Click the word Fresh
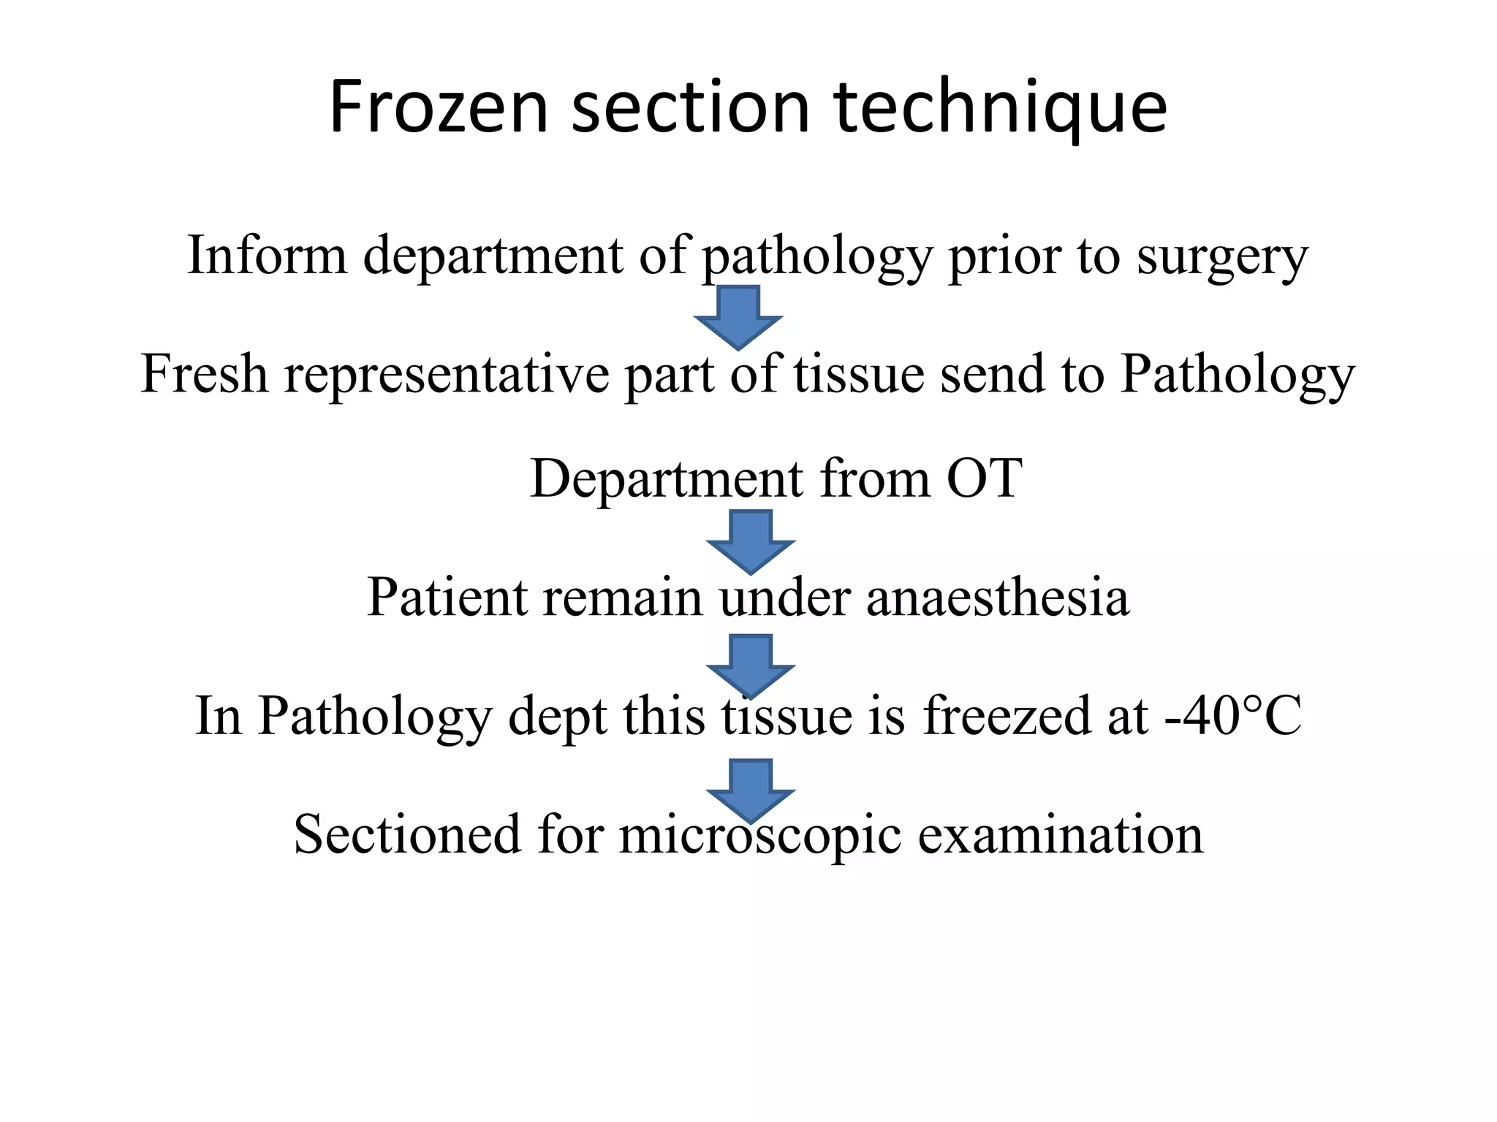[204, 373]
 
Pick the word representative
[446, 375]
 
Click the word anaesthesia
[998, 597]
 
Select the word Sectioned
[407, 833]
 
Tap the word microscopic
[759, 835]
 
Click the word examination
[1060, 833]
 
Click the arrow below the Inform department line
[738, 316]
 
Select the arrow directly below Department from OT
[751, 541]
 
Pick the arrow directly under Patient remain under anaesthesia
[751, 665]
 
